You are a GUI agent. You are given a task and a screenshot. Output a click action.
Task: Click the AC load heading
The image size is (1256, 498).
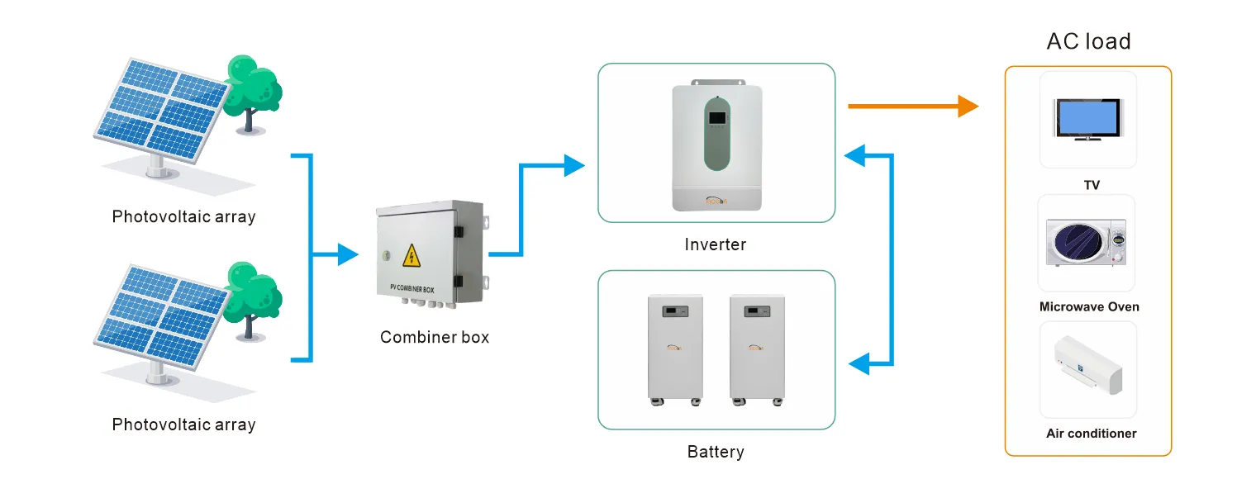tap(1088, 41)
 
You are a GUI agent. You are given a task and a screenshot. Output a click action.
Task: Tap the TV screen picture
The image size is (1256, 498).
tap(1087, 118)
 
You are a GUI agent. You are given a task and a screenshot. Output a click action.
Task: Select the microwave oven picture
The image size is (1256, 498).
tap(1086, 242)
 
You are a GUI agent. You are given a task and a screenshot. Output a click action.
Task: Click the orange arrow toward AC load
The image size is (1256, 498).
tap(912, 106)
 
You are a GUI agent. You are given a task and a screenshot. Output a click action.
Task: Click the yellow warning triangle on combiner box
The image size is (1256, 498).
tap(411, 256)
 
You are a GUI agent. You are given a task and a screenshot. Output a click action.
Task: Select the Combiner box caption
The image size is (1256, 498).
tap(435, 337)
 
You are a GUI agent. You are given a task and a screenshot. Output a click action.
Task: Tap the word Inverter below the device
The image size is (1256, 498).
tap(715, 244)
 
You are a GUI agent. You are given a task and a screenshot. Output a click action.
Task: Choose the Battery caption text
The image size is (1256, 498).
tap(716, 452)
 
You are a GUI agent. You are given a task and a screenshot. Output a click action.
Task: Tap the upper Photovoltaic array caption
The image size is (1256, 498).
tap(183, 217)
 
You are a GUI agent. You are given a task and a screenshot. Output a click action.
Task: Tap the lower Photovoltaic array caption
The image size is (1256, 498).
tap(183, 424)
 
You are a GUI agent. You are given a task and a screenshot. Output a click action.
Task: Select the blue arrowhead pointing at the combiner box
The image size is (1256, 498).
tap(349, 255)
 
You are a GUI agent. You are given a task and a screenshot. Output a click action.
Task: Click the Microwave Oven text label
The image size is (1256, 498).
tap(1089, 306)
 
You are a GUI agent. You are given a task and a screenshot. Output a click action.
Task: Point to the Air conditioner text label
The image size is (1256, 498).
tap(1091, 433)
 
